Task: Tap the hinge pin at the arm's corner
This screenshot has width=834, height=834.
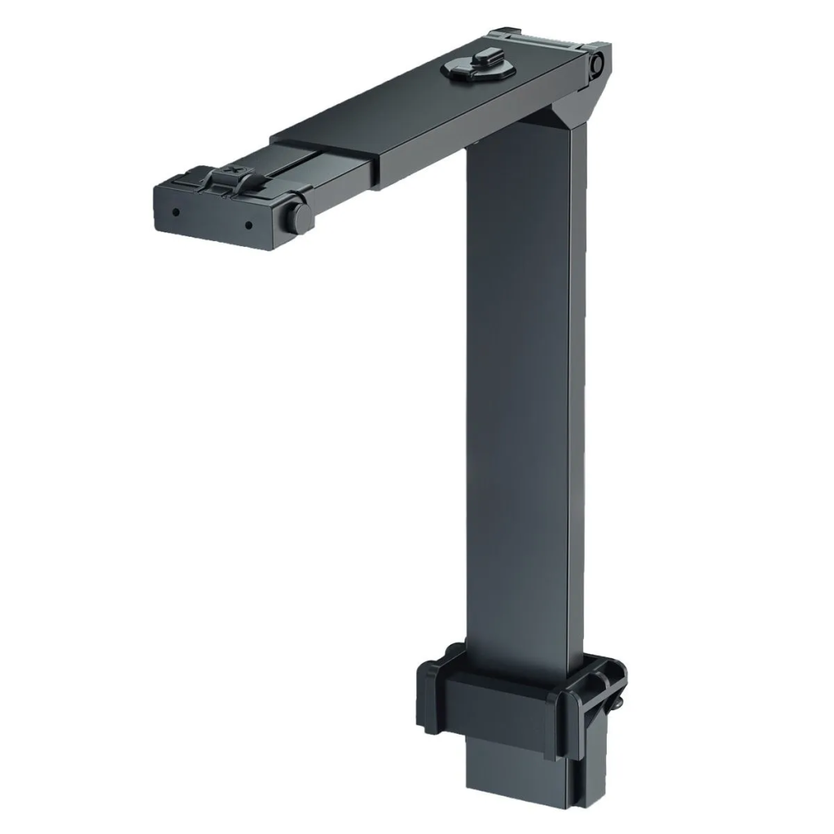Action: point(597,64)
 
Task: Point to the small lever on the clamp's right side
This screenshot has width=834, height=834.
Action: point(619,699)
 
